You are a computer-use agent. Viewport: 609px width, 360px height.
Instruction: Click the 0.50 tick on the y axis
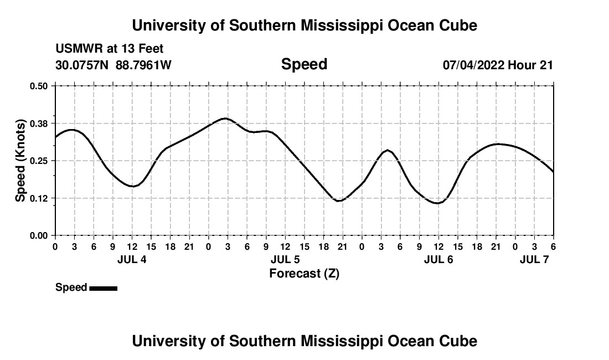(40, 86)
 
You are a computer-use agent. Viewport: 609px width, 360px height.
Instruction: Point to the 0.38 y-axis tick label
(40, 123)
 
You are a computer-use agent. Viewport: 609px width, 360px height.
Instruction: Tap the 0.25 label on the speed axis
(40, 161)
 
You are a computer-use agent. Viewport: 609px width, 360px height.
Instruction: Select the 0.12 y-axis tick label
(40, 198)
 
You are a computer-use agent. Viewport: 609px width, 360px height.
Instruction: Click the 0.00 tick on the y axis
(40, 236)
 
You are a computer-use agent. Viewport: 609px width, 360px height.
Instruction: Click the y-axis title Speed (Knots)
(20, 161)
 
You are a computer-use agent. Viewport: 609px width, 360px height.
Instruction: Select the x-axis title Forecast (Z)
(304, 273)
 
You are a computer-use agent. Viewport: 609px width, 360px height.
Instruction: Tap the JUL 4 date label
(132, 259)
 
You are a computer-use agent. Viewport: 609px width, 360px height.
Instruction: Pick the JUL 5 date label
(285, 259)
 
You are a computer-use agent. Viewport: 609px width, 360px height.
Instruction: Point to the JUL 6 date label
(438, 259)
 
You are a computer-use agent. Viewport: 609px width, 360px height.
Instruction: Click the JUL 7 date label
(534, 259)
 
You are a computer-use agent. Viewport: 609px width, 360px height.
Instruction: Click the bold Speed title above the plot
(304, 64)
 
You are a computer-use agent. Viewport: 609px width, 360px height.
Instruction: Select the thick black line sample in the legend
(103, 288)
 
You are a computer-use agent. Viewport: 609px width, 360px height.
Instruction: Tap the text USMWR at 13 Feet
(109, 49)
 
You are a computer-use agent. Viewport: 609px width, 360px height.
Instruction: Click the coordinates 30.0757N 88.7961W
(113, 65)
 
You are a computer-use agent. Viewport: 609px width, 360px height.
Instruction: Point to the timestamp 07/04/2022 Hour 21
(498, 65)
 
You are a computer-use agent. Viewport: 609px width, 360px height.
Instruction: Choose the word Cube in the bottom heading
(459, 341)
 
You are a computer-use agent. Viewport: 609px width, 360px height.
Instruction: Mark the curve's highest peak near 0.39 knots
(225, 118)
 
